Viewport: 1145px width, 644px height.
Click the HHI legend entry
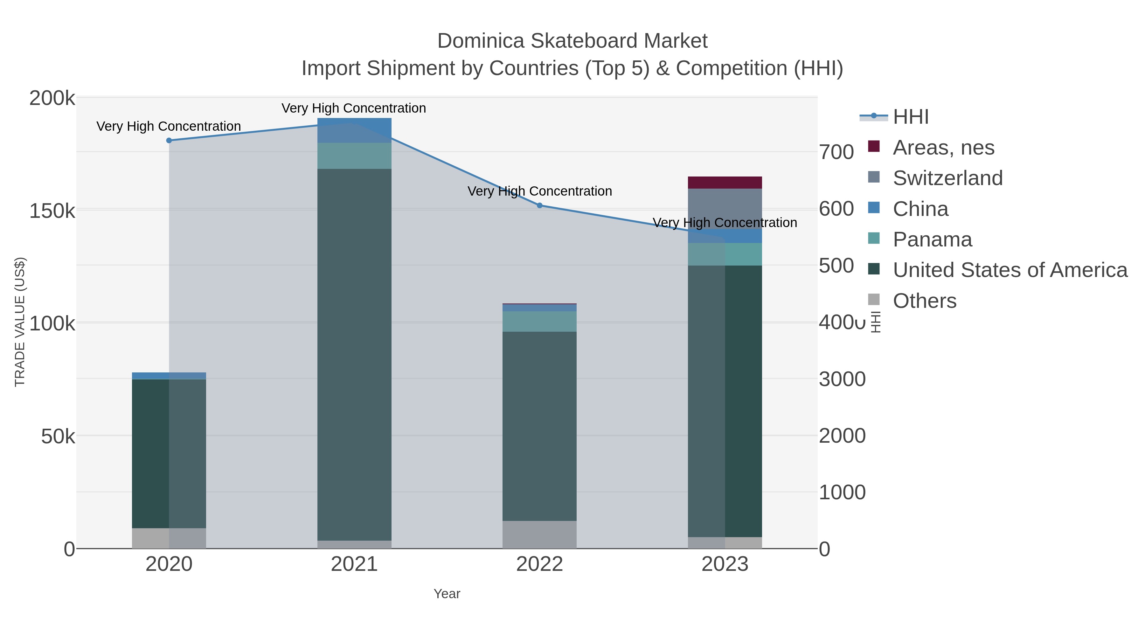(910, 117)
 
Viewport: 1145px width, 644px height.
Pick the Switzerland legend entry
(947, 178)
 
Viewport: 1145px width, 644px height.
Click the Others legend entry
(924, 301)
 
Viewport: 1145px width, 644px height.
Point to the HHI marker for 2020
(169, 141)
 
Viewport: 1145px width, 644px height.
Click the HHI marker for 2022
(540, 205)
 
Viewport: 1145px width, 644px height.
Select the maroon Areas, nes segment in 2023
(725, 183)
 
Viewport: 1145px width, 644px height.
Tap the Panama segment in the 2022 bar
(540, 321)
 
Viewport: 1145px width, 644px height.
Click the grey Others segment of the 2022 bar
(540, 535)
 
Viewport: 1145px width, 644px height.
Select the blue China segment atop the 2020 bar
(169, 376)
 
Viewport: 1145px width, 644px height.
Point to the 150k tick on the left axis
(52, 211)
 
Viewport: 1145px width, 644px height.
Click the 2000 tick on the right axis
(842, 436)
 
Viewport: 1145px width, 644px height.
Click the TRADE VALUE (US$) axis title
(20, 322)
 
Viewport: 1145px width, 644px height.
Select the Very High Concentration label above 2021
(354, 108)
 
